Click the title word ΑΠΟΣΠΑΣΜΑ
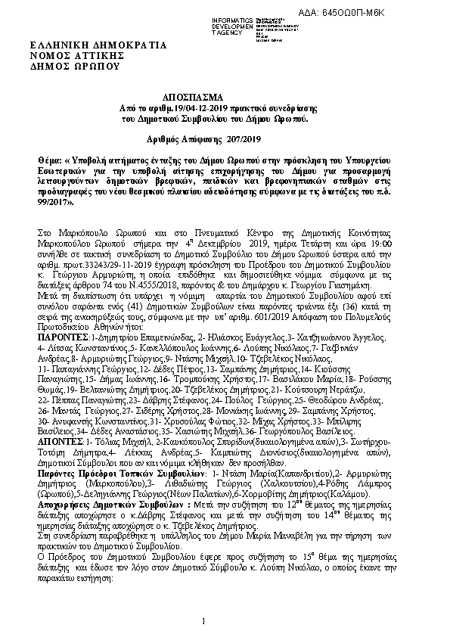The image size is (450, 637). pyautogui.click(x=193, y=99)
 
